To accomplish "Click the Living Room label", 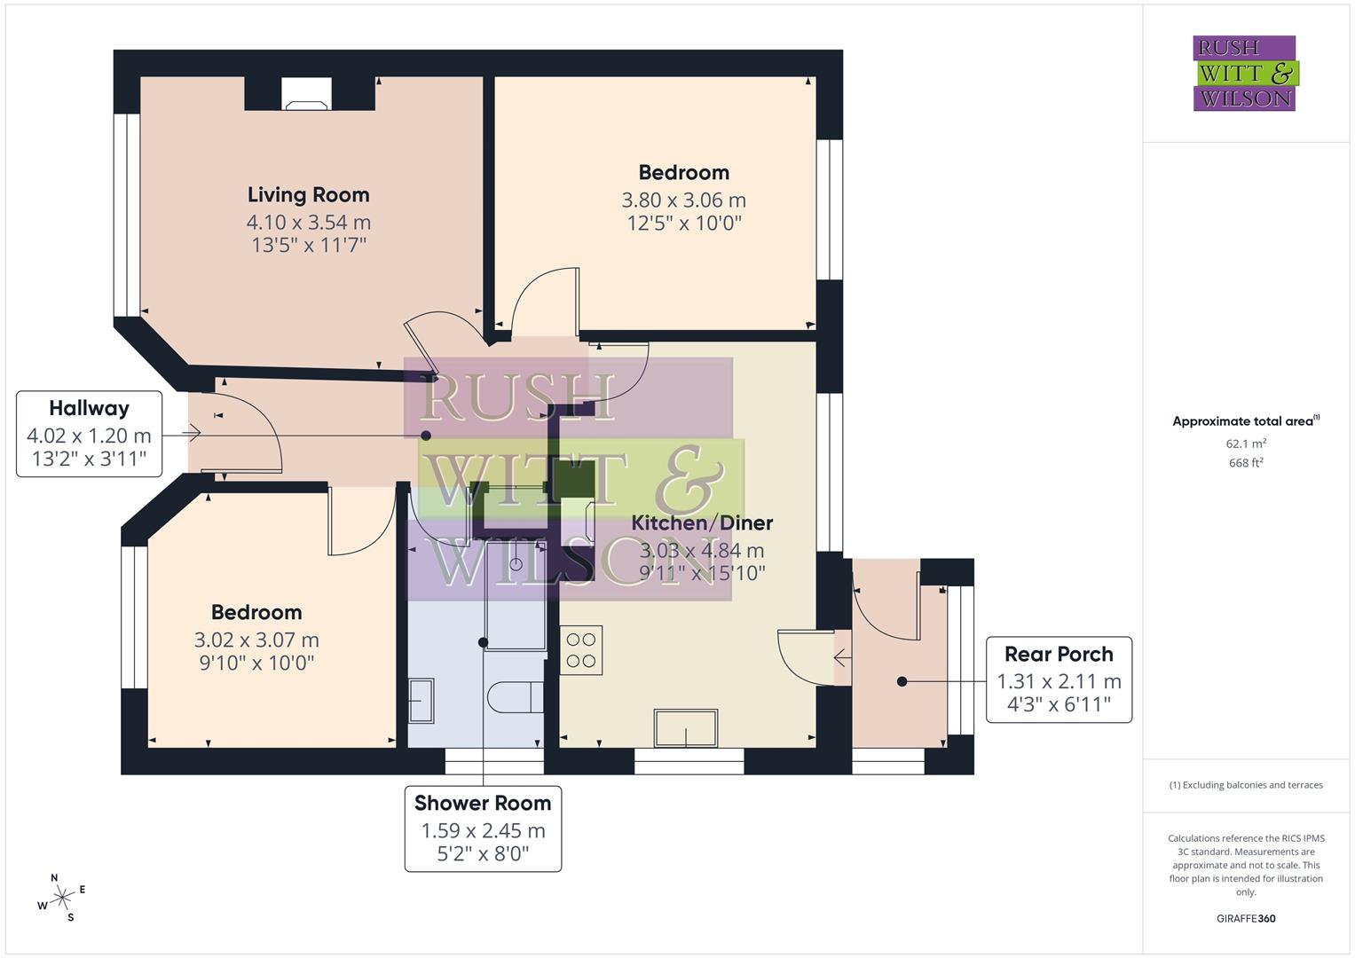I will pos(308,195).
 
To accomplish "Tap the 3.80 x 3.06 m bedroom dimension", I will pos(683,200).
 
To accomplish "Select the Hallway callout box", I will pos(90,434).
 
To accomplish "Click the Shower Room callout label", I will pos(483,804).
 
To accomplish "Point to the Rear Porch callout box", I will pos(1059,679).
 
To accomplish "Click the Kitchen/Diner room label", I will pos(702,523).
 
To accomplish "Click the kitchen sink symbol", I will pos(686,728).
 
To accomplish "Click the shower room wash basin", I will pos(421,701).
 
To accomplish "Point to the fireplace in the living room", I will pos(307,94).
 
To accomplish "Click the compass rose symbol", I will pos(62,898).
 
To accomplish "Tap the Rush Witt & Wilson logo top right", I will pos(1244,74).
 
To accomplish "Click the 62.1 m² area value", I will pos(1246,444).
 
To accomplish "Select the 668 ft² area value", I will pos(1246,463).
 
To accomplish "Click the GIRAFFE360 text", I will pos(1246,918).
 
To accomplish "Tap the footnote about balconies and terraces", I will pos(1246,785).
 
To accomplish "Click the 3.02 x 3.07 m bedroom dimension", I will pos(256,640).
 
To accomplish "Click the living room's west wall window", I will pos(127,215).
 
